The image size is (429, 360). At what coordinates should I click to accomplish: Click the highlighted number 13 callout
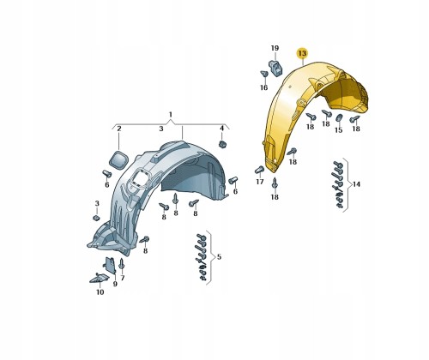pyautogui.click(x=302, y=53)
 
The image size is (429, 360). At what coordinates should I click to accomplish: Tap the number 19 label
pyautogui.click(x=275, y=48)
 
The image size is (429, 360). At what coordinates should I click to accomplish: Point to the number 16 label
pyautogui.click(x=263, y=87)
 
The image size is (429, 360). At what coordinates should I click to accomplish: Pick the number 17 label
pyautogui.click(x=260, y=182)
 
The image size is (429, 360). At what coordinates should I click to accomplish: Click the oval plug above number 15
pyautogui.click(x=339, y=118)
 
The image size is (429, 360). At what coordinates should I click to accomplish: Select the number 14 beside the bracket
pyautogui.click(x=356, y=184)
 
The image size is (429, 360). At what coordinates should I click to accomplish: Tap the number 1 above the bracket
pyautogui.click(x=171, y=115)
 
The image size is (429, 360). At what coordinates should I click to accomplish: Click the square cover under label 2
pyautogui.click(x=118, y=160)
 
